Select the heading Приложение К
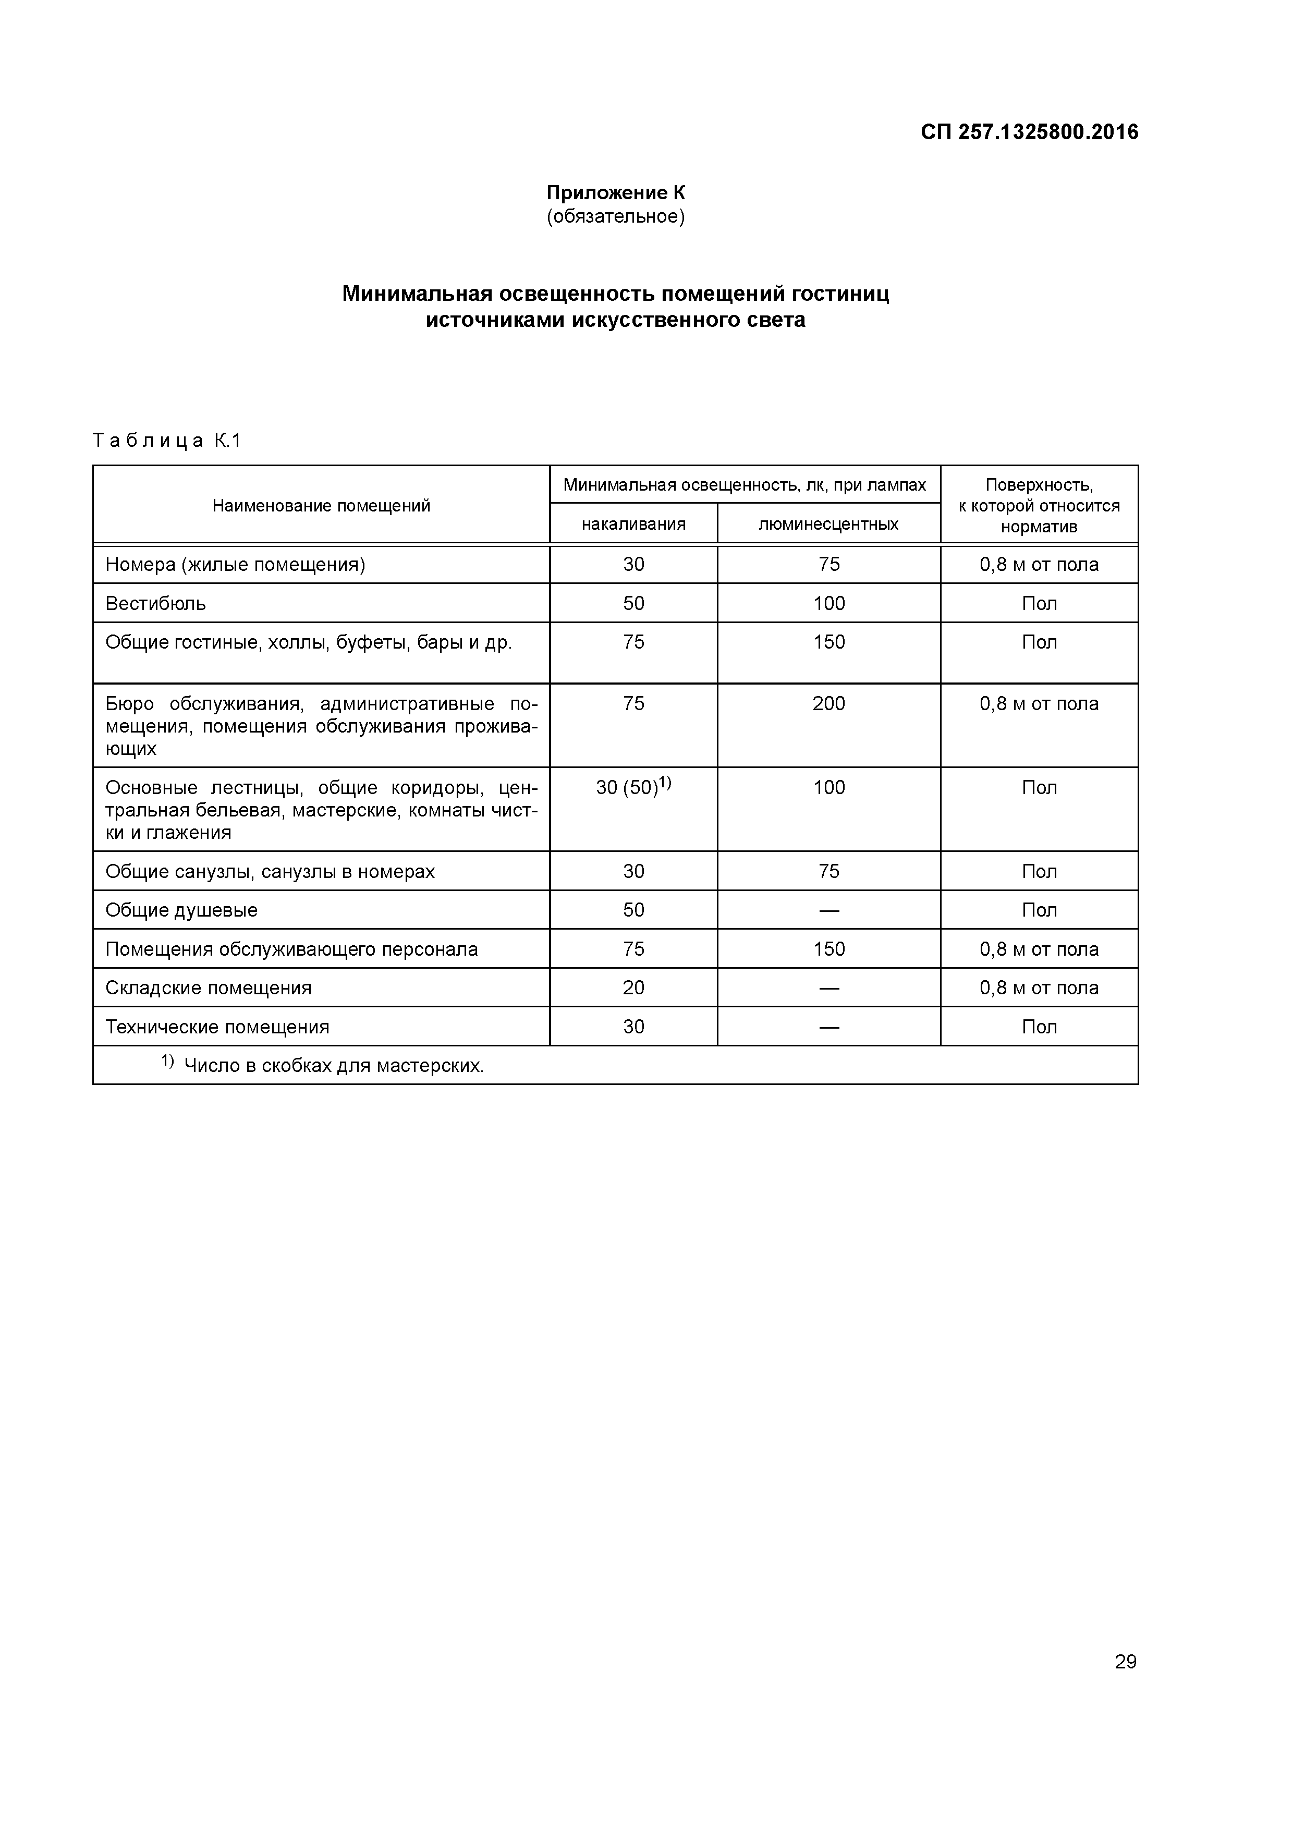[615, 193]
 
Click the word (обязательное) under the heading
[615, 217]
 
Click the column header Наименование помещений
[321, 506]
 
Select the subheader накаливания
[633, 524]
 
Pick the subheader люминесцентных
[828, 524]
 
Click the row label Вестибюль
[155, 604]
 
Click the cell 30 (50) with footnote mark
[633, 787]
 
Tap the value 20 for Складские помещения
[633, 988]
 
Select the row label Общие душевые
[181, 910]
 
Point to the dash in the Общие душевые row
[828, 910]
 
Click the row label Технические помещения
[217, 1027]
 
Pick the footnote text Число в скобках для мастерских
[333, 1066]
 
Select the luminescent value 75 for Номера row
[828, 565]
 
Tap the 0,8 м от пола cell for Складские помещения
[1039, 988]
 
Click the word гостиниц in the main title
[840, 294]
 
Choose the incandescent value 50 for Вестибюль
[633, 604]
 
